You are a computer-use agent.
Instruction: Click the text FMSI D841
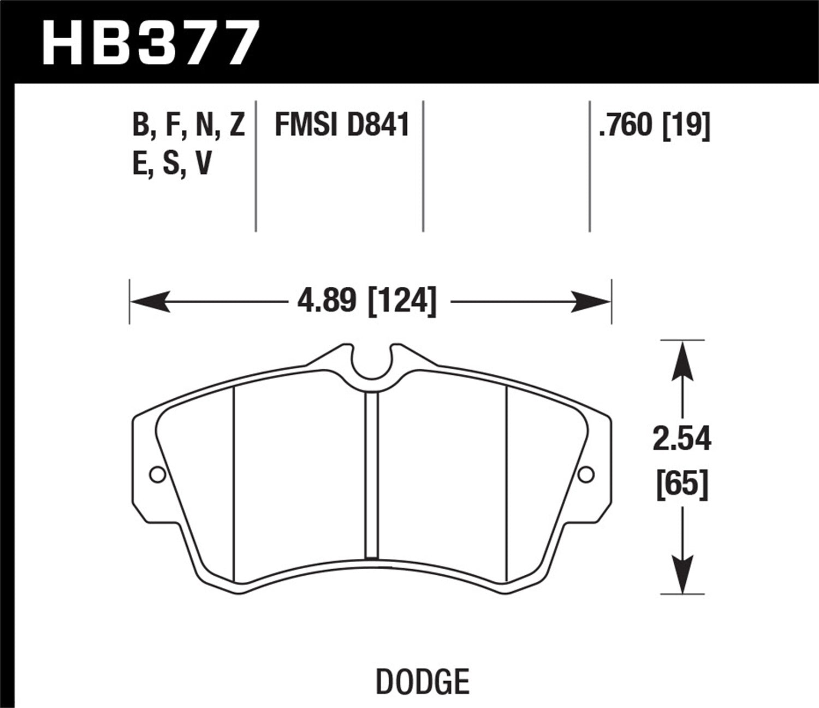(342, 125)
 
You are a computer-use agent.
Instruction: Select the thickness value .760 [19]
(654, 125)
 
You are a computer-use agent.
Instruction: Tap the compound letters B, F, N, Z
(188, 125)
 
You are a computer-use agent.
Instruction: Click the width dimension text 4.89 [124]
(366, 301)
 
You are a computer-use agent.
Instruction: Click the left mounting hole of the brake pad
(157, 475)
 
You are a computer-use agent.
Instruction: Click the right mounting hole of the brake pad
(586, 475)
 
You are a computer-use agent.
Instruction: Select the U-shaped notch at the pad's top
(372, 363)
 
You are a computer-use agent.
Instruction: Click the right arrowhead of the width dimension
(592, 301)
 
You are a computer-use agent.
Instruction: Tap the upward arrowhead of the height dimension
(682, 361)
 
